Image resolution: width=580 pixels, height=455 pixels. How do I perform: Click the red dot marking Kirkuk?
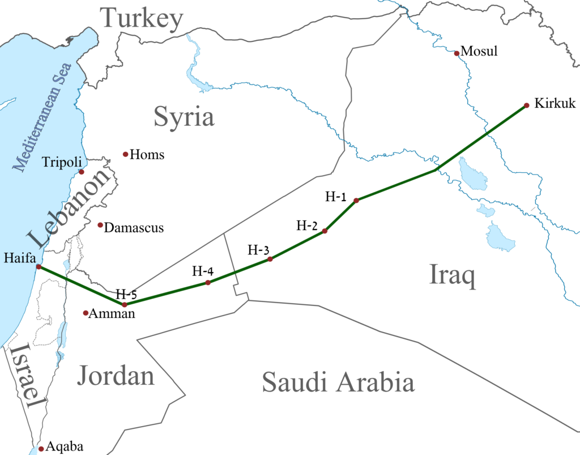click(526, 105)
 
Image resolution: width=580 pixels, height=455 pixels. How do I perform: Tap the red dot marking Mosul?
click(457, 53)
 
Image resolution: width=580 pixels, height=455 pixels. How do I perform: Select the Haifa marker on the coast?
click(38, 266)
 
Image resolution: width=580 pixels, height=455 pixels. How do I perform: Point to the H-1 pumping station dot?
click(356, 201)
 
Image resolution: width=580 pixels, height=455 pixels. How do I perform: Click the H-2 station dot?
click(325, 231)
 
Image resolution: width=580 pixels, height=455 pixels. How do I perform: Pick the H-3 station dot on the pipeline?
click(270, 259)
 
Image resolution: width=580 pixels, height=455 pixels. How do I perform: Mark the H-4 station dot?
click(208, 282)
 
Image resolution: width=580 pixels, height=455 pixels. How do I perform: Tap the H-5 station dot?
click(125, 304)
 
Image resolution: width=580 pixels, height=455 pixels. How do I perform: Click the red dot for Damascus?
click(100, 225)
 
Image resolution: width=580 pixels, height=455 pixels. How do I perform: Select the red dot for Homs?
click(125, 154)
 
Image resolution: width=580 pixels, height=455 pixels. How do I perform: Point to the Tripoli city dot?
click(81, 172)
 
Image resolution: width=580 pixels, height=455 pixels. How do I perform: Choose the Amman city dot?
click(86, 313)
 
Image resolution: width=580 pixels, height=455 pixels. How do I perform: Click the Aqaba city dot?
click(41, 448)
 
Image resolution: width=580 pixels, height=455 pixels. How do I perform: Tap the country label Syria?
click(184, 117)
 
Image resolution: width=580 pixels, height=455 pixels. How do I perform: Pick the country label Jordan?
click(116, 376)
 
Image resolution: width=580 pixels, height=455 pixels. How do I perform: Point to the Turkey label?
click(142, 19)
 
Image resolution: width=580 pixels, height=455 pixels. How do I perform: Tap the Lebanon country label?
click(68, 209)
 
